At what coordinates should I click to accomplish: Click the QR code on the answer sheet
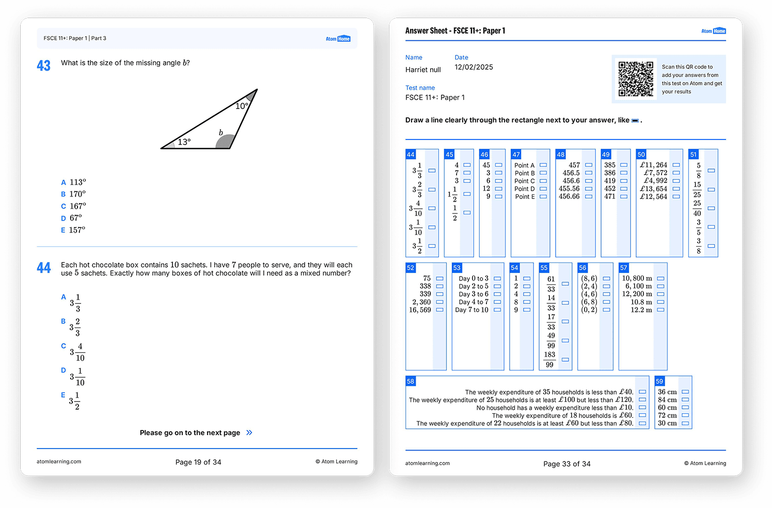tap(636, 79)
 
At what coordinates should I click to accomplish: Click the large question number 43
tap(44, 66)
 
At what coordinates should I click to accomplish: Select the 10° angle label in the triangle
tap(242, 106)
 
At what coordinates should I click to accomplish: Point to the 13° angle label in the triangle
tap(184, 142)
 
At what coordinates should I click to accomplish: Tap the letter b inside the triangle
tap(221, 133)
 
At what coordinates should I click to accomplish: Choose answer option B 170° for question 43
tap(73, 194)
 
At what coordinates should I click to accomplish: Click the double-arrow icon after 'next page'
tap(249, 433)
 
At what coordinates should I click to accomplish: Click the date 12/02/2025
tap(474, 67)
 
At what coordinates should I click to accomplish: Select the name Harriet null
tap(423, 70)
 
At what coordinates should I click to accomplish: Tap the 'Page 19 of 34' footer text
tap(198, 462)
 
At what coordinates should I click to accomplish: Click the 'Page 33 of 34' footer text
tap(566, 464)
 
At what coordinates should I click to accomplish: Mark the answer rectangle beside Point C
tap(543, 181)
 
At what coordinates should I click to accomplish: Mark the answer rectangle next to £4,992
tap(676, 181)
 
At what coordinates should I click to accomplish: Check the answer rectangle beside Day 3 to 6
tap(497, 294)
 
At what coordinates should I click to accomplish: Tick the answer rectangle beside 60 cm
tap(685, 408)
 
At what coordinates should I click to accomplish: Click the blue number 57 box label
tap(624, 268)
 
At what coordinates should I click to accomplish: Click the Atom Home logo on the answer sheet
tap(713, 31)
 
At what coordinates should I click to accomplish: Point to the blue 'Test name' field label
tap(420, 88)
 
